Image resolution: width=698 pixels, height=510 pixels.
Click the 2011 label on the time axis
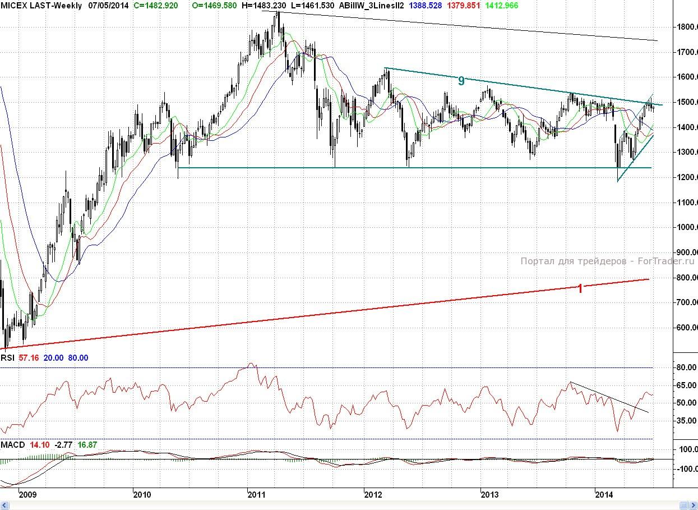pos(256,494)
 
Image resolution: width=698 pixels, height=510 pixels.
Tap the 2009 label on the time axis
pos(27,494)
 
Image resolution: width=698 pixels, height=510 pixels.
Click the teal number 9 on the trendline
pos(461,81)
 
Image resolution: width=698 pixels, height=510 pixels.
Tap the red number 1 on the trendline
pos(580,288)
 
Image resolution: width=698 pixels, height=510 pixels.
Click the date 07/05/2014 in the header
pos(108,6)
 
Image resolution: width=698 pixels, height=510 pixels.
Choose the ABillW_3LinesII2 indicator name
pos(372,6)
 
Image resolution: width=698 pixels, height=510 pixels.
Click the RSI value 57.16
pos(29,358)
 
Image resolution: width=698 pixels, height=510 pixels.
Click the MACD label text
pos(12,445)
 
